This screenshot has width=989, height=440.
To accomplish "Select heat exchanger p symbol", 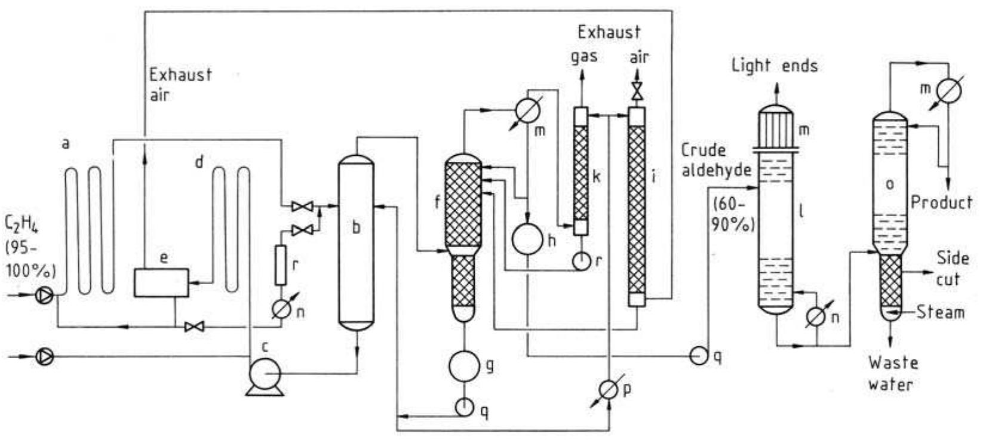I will pyautogui.click(x=609, y=389).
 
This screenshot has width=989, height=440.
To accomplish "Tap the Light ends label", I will pyautogui.click(x=775, y=65).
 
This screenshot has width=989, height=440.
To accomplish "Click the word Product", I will pyautogui.click(x=941, y=202).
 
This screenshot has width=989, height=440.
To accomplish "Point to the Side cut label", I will pyautogui.click(x=952, y=269).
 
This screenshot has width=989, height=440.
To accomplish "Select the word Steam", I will pyautogui.click(x=940, y=312).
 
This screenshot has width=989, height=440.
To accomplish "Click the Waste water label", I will pyautogui.click(x=892, y=373).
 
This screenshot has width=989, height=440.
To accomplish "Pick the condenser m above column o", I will pyautogui.click(x=948, y=91).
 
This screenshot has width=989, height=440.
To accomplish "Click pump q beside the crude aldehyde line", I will pyautogui.click(x=698, y=355).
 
